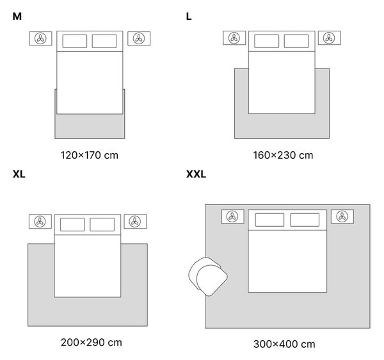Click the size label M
click(17, 17)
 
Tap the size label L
click(189, 17)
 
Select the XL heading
click(19, 174)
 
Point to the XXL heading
click(196, 174)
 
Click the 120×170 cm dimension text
click(90, 155)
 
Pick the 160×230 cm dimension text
click(283, 155)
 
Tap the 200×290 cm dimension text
click(92, 342)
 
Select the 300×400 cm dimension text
click(284, 344)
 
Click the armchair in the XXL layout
click(208, 277)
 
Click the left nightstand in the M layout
click(40, 38)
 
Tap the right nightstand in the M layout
click(139, 38)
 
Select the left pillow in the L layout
click(266, 41)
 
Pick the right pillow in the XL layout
click(102, 224)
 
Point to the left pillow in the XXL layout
click(269, 220)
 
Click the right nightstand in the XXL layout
click(342, 217)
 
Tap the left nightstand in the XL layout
click(40, 222)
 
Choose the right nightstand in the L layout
click(330, 38)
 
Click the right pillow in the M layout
click(104, 41)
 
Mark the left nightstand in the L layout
click(234, 38)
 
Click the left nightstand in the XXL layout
click(233, 217)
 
